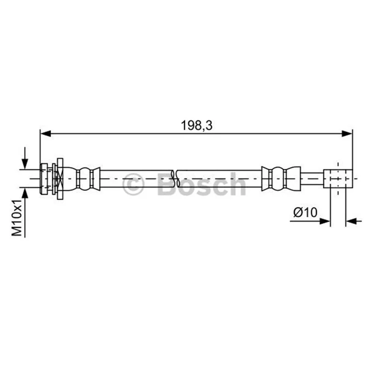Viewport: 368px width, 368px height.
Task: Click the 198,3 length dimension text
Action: [196, 126]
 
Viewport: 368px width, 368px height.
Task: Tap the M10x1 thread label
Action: [17, 218]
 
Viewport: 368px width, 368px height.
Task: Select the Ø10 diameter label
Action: [305, 213]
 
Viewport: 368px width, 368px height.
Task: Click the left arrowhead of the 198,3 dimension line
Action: [46, 133]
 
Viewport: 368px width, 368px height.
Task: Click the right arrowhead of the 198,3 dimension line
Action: [347, 133]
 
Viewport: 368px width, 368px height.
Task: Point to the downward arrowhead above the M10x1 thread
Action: [25, 164]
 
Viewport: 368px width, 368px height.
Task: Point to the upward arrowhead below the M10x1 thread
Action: [25, 193]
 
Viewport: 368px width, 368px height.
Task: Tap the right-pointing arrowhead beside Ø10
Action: [325, 221]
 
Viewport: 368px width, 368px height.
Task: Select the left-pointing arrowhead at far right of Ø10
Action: [351, 221]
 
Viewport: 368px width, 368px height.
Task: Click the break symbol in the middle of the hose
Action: [175, 178]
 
